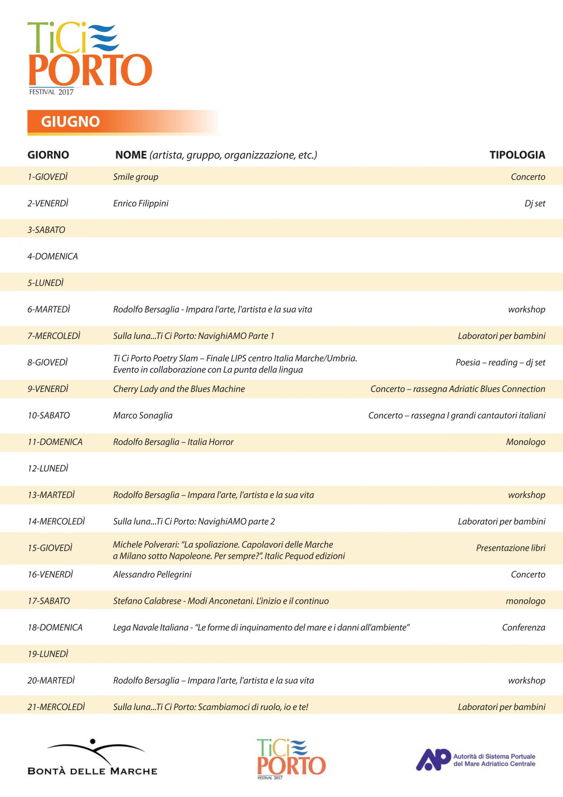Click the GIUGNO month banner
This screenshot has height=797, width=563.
coord(71,122)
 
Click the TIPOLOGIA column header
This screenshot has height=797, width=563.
coord(517,155)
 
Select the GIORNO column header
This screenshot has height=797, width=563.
coord(48,155)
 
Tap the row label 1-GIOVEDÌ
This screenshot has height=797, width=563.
coord(47,177)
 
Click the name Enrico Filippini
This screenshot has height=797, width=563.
coord(141,204)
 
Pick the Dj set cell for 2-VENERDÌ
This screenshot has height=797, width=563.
coord(535,204)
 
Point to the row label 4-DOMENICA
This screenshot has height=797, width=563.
coord(52,256)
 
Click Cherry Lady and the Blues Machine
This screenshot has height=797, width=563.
coord(179,389)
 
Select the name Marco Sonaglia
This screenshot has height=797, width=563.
coord(143,416)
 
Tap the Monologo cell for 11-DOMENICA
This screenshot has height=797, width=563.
coord(525,442)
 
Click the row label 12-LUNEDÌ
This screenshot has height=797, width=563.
coord(48,469)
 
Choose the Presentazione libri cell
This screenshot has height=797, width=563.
coord(511,548)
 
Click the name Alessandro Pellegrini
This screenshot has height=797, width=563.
coord(152,574)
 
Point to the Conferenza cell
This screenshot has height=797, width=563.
coord(523,627)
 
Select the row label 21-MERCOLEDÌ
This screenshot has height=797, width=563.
coord(56,707)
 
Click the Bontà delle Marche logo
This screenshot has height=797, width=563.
coord(93,757)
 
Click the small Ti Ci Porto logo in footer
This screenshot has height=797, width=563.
coord(291,758)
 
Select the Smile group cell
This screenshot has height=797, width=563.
coord(136,177)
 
